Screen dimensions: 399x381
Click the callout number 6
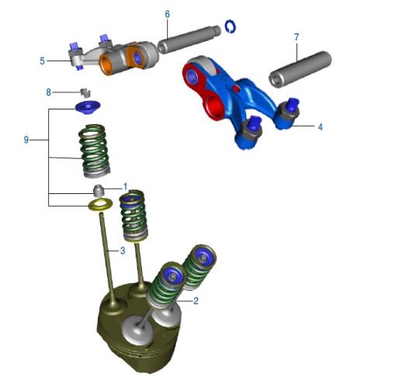[x=167, y=14]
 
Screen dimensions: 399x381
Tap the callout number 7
[x=297, y=37]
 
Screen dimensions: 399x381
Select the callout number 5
[x=42, y=61]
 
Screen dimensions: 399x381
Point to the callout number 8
[x=48, y=92]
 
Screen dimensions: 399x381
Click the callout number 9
[x=26, y=140]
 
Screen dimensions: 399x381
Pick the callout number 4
[x=320, y=127]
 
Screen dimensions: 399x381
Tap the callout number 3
[x=123, y=251]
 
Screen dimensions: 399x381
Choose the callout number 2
[x=196, y=301]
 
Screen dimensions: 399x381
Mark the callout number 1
[x=126, y=186]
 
